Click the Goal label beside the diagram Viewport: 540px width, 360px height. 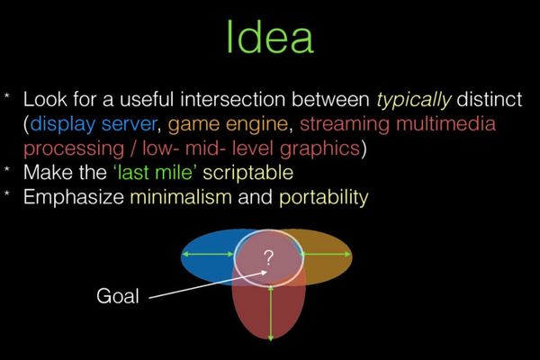pyautogui.click(x=118, y=295)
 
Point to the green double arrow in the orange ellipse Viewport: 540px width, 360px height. pyautogui.click(x=324, y=255)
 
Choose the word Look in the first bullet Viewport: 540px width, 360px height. pyautogui.click(x=44, y=100)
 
